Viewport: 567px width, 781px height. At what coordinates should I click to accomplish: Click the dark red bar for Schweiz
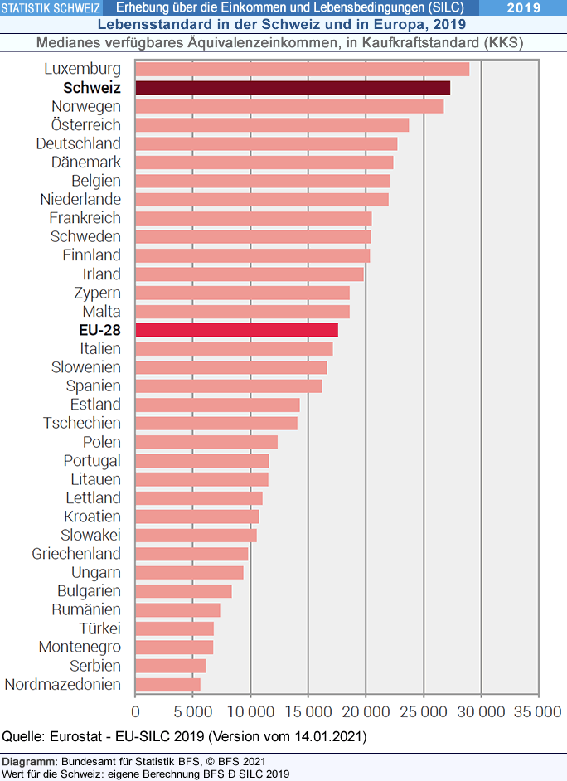pyautogui.click(x=292, y=88)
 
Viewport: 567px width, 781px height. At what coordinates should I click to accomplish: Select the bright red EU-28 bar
pyautogui.click(x=236, y=330)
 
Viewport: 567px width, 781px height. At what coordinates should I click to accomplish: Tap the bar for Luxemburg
pyautogui.click(x=302, y=69)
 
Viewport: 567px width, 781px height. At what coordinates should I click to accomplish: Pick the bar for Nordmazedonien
pyautogui.click(x=167, y=685)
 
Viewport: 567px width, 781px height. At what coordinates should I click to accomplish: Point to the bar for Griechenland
pyautogui.click(x=191, y=554)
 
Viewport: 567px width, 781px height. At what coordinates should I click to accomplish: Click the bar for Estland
pyautogui.click(x=217, y=405)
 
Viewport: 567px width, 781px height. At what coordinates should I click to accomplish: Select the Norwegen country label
pyautogui.click(x=85, y=106)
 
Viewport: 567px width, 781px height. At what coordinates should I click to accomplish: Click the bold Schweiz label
pyautogui.click(x=91, y=88)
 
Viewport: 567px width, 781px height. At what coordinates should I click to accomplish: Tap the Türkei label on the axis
pyautogui.click(x=99, y=628)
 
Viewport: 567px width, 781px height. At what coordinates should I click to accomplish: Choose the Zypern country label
pyautogui.click(x=97, y=293)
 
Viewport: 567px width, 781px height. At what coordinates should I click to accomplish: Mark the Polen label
pyautogui.click(x=101, y=442)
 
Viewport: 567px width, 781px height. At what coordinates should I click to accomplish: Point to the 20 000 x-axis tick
pyautogui.click(x=366, y=711)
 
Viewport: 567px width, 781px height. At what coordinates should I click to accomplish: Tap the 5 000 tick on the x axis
pyautogui.click(x=193, y=711)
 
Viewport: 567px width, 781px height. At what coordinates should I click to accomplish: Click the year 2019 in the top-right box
pyautogui.click(x=523, y=8)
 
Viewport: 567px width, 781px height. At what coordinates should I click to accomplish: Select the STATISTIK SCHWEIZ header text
pyautogui.click(x=51, y=8)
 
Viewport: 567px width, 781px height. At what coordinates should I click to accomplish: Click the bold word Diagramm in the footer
pyautogui.click(x=29, y=761)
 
